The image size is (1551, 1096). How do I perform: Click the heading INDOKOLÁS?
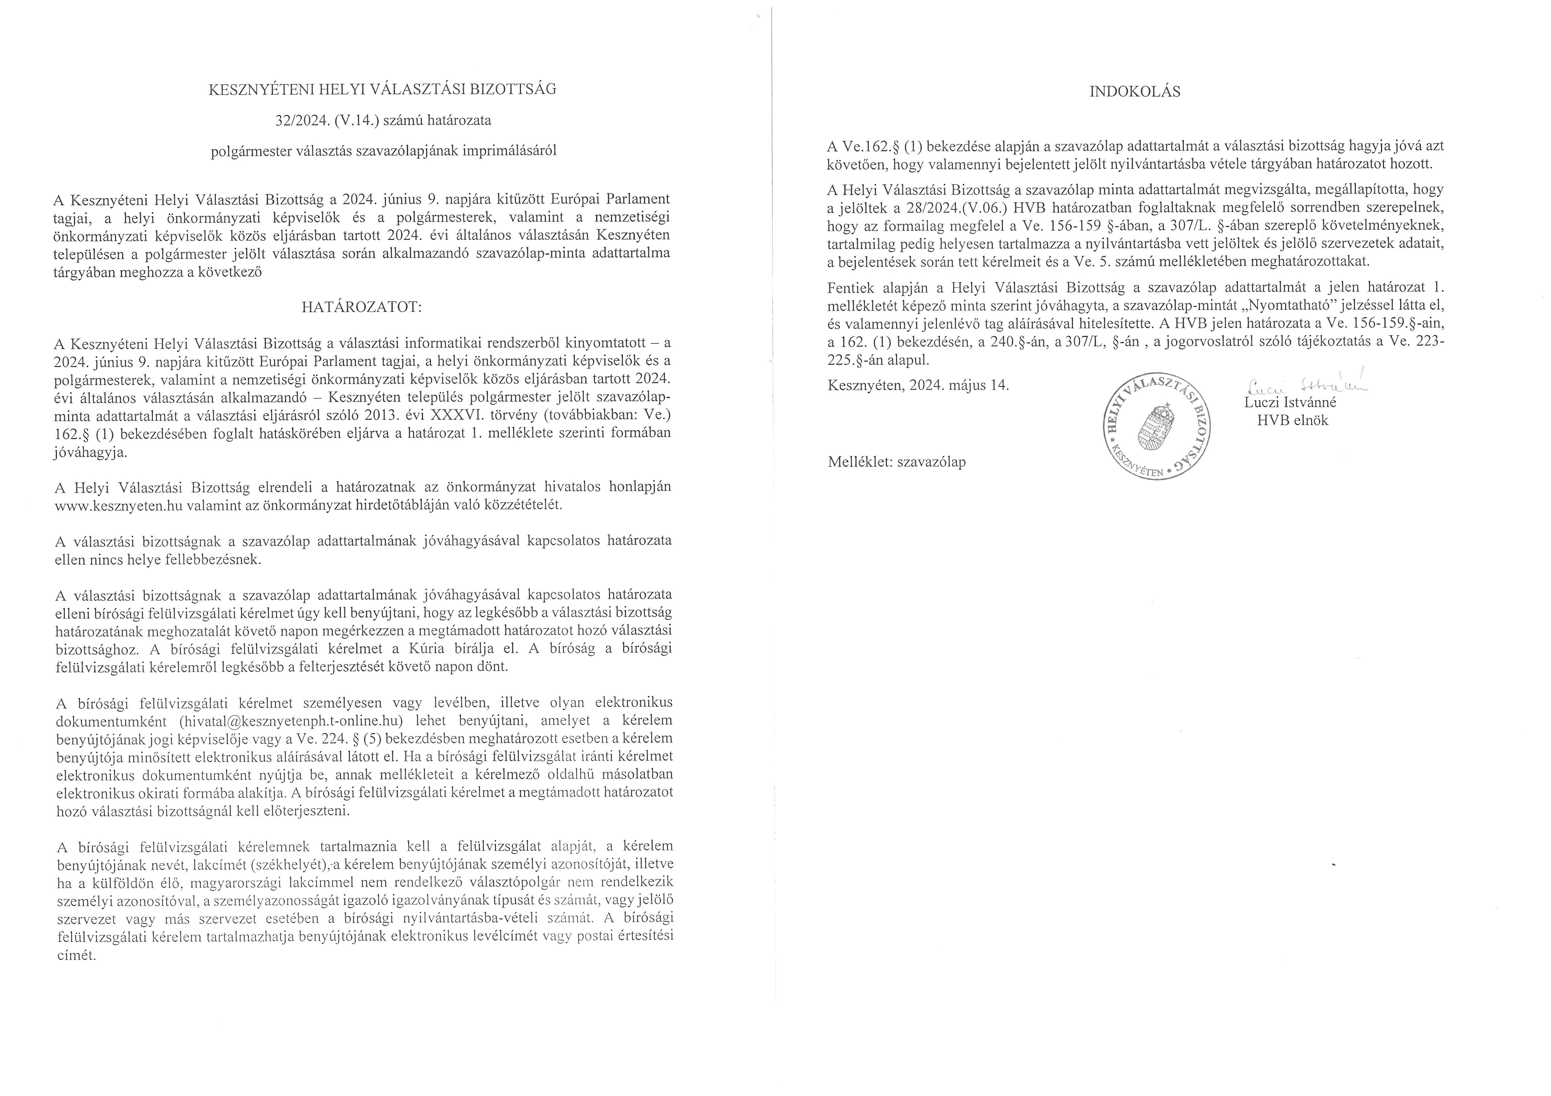[1135, 92]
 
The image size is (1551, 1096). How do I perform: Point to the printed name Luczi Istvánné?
[1290, 403]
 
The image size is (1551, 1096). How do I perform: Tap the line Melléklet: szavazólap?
[897, 462]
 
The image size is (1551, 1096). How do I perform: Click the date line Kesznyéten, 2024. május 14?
[918, 386]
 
